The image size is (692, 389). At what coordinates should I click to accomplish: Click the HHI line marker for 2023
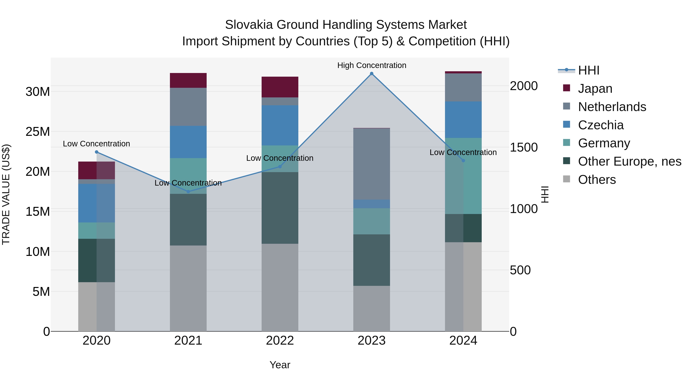coord(372,74)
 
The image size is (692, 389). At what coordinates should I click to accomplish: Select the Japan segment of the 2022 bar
coord(280,87)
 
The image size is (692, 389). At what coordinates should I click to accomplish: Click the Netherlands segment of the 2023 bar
coord(372,164)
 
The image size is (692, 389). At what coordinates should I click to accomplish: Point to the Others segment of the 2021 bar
coord(188,288)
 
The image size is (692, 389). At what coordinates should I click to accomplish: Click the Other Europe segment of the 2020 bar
coord(96,260)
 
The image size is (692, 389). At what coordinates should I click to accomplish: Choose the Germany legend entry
coord(604,143)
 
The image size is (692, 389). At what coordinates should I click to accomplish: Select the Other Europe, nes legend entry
coord(629,161)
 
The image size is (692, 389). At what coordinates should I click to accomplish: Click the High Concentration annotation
coord(372,65)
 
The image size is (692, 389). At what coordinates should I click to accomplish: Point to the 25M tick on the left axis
coord(38,132)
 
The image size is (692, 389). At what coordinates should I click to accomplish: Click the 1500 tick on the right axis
coord(524,147)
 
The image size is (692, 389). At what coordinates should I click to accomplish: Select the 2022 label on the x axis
coord(280,341)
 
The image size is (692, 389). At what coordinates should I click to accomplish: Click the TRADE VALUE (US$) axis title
coord(6,194)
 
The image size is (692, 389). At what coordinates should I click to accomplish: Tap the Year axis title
coord(280,365)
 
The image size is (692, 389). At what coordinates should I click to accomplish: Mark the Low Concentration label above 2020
coord(96,144)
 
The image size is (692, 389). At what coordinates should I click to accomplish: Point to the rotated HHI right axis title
coord(545,194)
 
